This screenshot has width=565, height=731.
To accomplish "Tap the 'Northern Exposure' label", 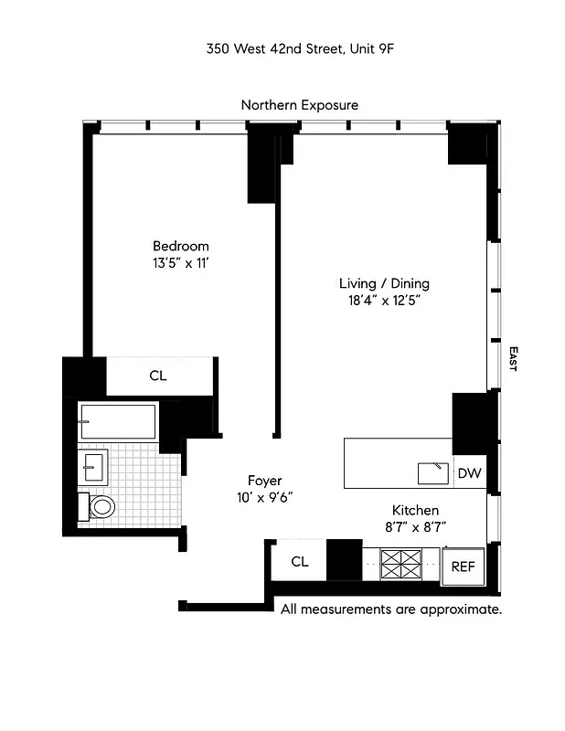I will (300, 105).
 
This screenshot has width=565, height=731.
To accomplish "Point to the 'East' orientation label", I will (513, 358).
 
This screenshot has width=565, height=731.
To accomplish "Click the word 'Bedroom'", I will (180, 246).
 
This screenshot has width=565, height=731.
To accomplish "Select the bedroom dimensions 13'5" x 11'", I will (180, 262).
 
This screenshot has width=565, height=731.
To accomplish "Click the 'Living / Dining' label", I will (384, 283).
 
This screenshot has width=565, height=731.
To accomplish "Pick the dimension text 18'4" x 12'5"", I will (384, 300).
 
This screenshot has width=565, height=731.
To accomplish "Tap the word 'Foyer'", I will (265, 481).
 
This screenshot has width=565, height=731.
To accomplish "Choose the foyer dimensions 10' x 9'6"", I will (265, 497).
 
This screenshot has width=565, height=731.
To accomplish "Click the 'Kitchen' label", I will (416, 510).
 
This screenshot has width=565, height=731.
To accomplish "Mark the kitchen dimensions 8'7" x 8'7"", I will (416, 526).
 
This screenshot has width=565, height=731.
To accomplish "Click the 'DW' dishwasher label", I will (469, 473).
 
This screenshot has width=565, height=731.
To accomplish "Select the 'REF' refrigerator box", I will (463, 567).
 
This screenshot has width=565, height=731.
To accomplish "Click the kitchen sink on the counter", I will (432, 472).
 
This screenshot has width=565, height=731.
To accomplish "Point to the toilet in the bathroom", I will (98, 506).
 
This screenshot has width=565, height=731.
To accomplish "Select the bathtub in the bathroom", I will (117, 422).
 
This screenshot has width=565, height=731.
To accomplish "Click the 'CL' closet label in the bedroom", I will (157, 376).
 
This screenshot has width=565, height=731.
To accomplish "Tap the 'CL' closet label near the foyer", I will (299, 561).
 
